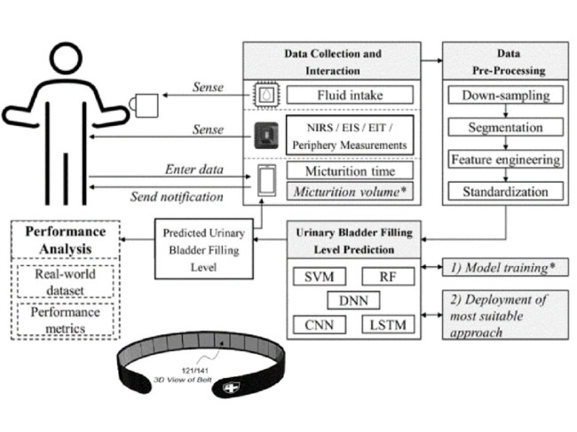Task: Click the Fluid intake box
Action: [349, 94]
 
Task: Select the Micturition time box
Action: [349, 169]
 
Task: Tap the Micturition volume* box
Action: [349, 190]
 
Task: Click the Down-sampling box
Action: [505, 95]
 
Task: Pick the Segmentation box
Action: [505, 127]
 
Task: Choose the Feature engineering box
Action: [505, 160]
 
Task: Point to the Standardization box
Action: [505, 191]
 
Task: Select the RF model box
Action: [388, 277]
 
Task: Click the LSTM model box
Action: [388, 325]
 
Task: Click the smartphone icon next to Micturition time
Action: [266, 180]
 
